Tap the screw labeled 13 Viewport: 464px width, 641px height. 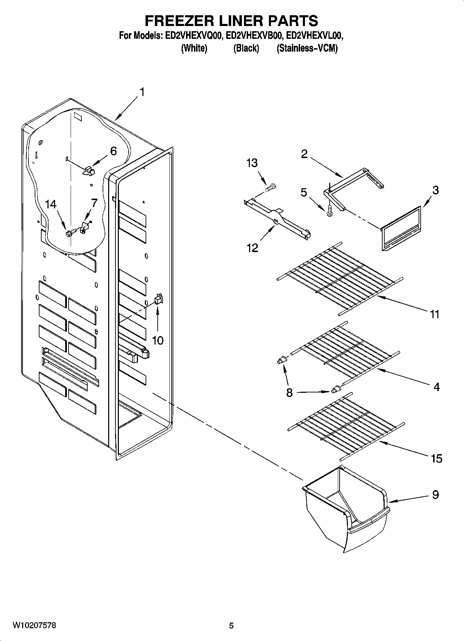(271, 188)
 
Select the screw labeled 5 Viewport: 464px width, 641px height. (329, 210)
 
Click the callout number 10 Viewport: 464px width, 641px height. (158, 340)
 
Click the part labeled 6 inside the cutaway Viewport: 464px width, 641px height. (89, 170)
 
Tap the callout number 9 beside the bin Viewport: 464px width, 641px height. (435, 494)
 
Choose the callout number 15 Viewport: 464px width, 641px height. (436, 459)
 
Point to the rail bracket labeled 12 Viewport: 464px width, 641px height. (277, 220)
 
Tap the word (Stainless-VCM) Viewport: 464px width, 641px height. (307, 48)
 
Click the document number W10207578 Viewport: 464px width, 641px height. (34, 625)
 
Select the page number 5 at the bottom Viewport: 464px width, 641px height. (231, 626)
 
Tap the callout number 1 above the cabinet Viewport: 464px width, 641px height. (141, 92)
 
